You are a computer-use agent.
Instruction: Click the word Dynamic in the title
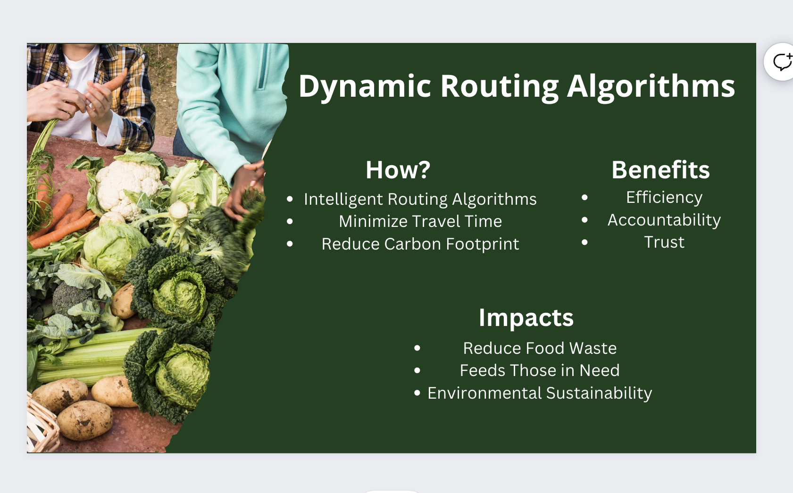[x=365, y=87]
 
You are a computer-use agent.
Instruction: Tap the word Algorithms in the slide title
[x=651, y=87]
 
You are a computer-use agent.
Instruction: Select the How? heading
[x=398, y=170]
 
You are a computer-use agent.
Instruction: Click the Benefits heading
[x=660, y=170]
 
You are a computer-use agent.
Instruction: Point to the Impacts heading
[x=526, y=318]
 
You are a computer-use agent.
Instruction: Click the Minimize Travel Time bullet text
[x=420, y=222]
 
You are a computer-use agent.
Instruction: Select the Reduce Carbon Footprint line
[x=420, y=244]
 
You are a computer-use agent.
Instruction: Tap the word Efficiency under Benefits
[x=664, y=198]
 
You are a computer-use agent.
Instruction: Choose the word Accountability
[x=664, y=220]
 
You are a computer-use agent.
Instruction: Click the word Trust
[x=664, y=242]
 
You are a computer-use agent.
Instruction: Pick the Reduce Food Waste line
[x=540, y=348]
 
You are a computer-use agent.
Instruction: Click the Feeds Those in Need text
[x=540, y=370]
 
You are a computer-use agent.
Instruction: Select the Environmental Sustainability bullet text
[x=540, y=393]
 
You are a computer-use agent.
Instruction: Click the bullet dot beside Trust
[x=584, y=242]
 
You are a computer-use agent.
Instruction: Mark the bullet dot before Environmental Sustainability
[x=417, y=393]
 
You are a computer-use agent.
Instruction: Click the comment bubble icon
[x=782, y=62]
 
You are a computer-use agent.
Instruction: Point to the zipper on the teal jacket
[x=262, y=67]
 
